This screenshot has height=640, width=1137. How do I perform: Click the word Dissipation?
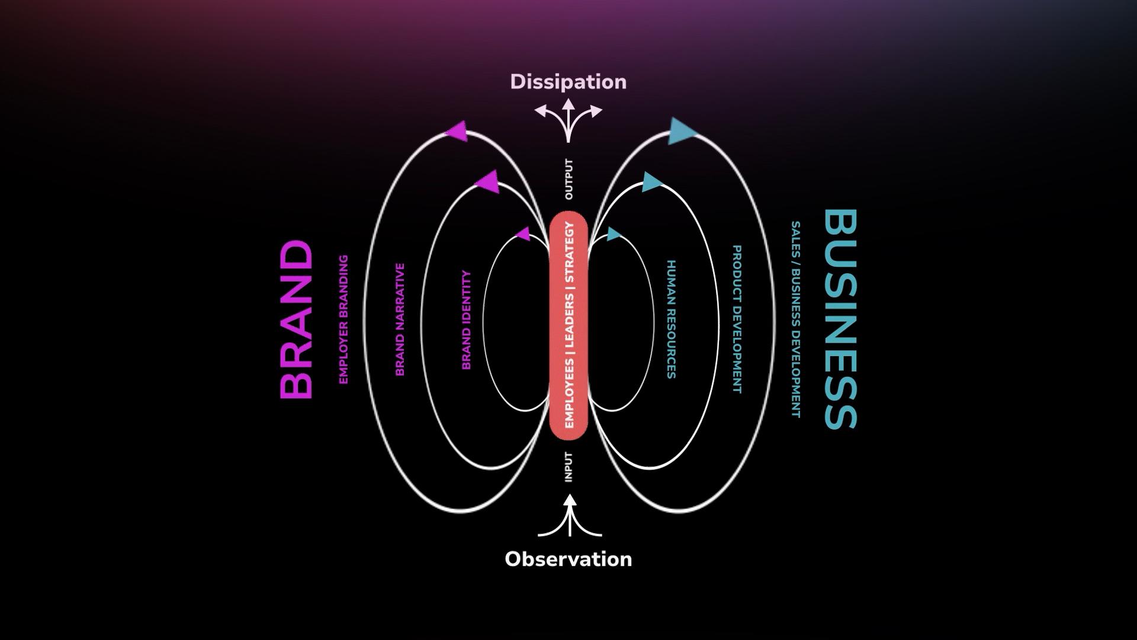coord(568,82)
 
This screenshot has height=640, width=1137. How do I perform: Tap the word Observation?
coord(568,559)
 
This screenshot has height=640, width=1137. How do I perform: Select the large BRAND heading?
coord(296,319)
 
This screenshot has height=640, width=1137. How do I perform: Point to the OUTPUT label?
coord(568,179)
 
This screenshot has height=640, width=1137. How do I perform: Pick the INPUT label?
coord(568,467)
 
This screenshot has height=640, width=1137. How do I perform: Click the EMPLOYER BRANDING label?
coord(343,319)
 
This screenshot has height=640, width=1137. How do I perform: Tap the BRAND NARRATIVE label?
coord(400,319)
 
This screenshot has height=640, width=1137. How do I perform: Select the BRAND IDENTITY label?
coord(466,320)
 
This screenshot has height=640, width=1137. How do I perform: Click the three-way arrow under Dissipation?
coord(568,119)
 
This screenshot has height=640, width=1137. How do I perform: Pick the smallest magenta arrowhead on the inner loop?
coord(523,234)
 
